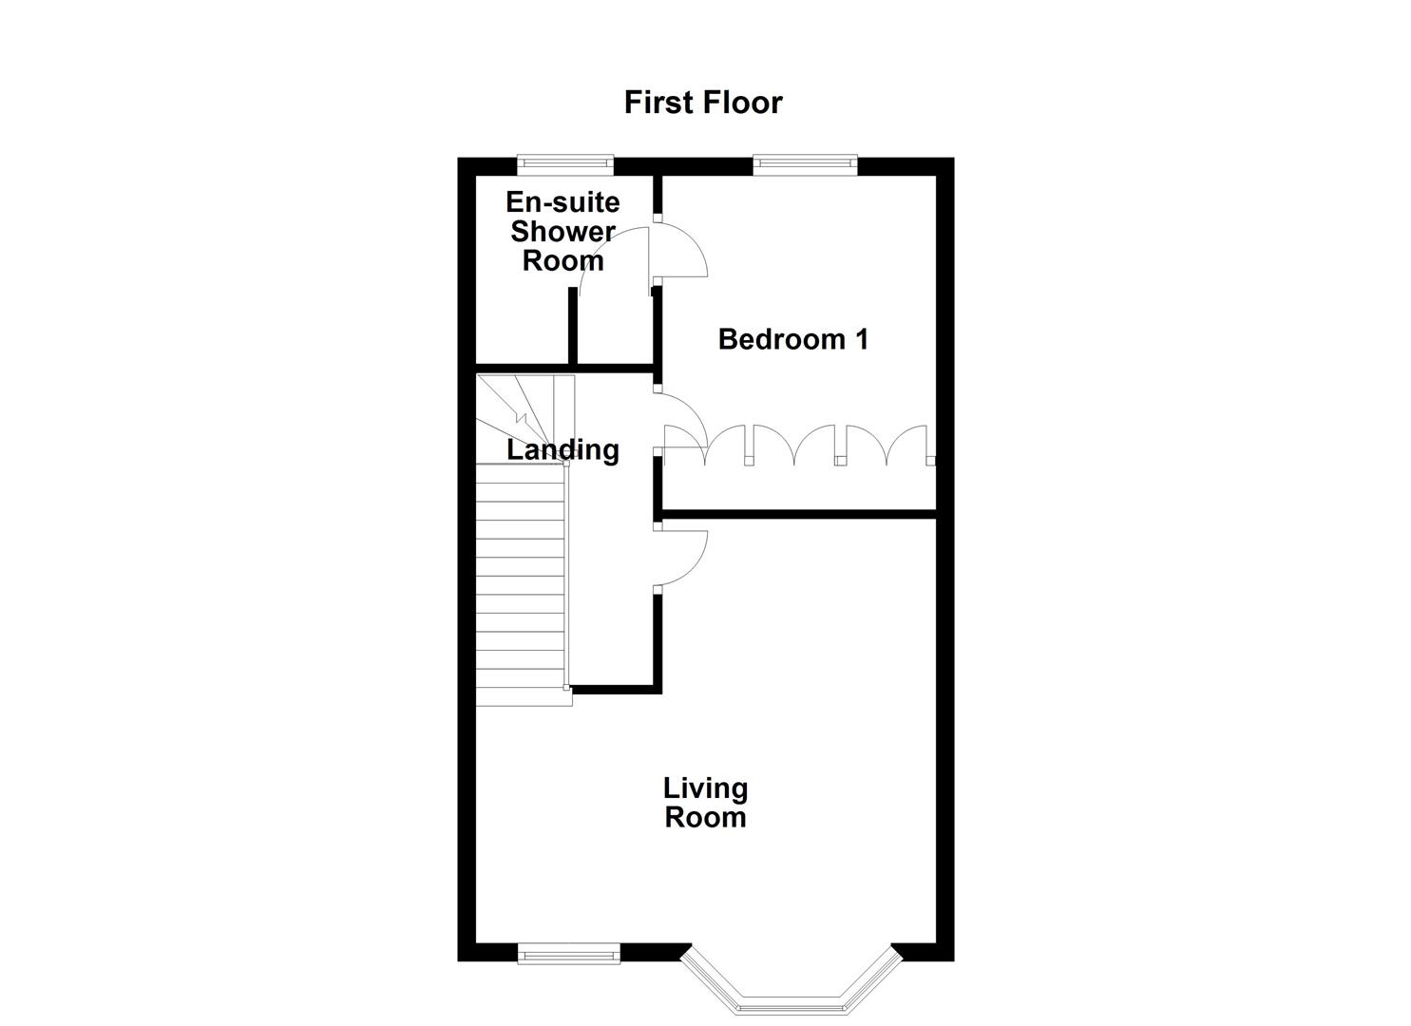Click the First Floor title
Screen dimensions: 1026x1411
pyautogui.click(x=702, y=103)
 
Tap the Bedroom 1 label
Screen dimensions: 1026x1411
pyautogui.click(x=792, y=339)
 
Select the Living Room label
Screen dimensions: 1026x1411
pyautogui.click(x=705, y=803)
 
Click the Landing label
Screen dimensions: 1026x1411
pyautogui.click(x=562, y=449)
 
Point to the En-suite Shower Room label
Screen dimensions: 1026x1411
pyautogui.click(x=562, y=231)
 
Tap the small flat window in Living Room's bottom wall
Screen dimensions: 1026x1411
pyautogui.click(x=568, y=953)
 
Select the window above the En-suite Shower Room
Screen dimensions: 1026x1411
pyautogui.click(x=564, y=165)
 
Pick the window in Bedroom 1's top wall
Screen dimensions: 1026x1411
pyautogui.click(x=805, y=165)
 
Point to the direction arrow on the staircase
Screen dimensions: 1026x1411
pyautogui.click(x=520, y=415)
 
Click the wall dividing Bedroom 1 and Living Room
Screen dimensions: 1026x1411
pyautogui.click(x=798, y=514)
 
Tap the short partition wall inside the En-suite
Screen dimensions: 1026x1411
pyautogui.click(x=573, y=326)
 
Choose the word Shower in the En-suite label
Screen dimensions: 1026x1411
pyautogui.click(x=562, y=231)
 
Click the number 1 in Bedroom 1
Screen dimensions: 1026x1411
pyautogui.click(x=861, y=339)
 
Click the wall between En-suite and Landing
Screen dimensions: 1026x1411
pyautogui.click(x=562, y=368)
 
